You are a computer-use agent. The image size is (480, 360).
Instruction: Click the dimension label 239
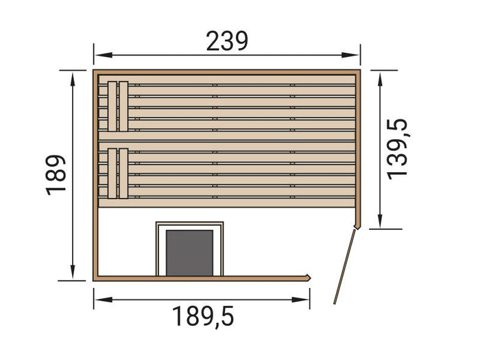coord(227,42)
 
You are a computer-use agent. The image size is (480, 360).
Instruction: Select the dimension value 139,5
coord(397,149)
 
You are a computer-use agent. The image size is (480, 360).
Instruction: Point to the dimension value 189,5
coord(202,317)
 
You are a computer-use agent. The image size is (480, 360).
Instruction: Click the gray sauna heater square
coord(189,252)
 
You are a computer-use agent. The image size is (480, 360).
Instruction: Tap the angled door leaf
coord(344,266)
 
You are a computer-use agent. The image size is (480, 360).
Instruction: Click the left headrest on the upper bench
coord(112,106)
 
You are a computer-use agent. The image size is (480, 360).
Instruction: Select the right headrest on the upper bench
coord(123,106)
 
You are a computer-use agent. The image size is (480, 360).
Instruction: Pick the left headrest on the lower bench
coord(112,173)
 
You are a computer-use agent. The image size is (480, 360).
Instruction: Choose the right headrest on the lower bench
coord(123,173)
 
